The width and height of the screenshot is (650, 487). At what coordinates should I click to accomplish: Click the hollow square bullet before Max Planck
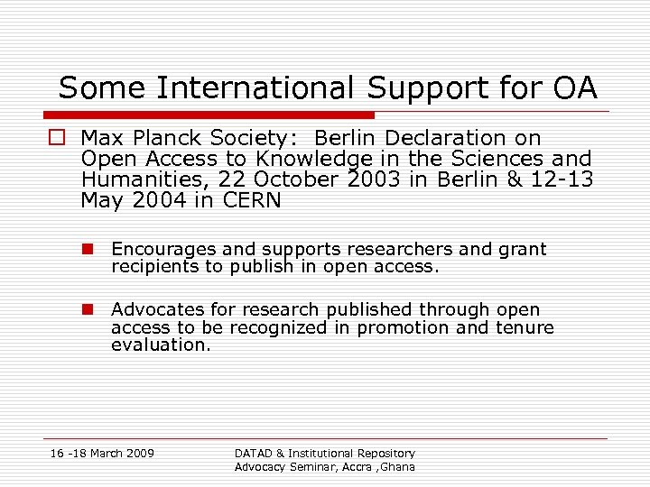[59, 139]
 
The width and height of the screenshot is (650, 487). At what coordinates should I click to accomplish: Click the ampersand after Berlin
[515, 179]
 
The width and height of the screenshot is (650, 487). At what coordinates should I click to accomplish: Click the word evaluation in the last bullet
[161, 345]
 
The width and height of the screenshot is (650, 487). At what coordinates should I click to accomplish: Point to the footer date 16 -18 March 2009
[102, 453]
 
